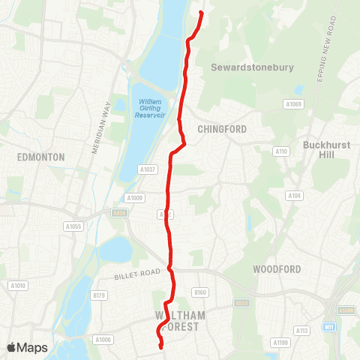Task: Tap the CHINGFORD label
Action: pyautogui.click(x=222, y=129)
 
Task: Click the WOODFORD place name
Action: pyautogui.click(x=277, y=269)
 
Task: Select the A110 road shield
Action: pyautogui.click(x=281, y=151)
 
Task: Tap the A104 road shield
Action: pyautogui.click(x=294, y=196)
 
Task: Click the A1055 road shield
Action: pyautogui.click(x=73, y=226)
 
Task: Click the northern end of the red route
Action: pyautogui.click(x=202, y=13)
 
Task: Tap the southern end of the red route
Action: pyautogui.click(x=161, y=346)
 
